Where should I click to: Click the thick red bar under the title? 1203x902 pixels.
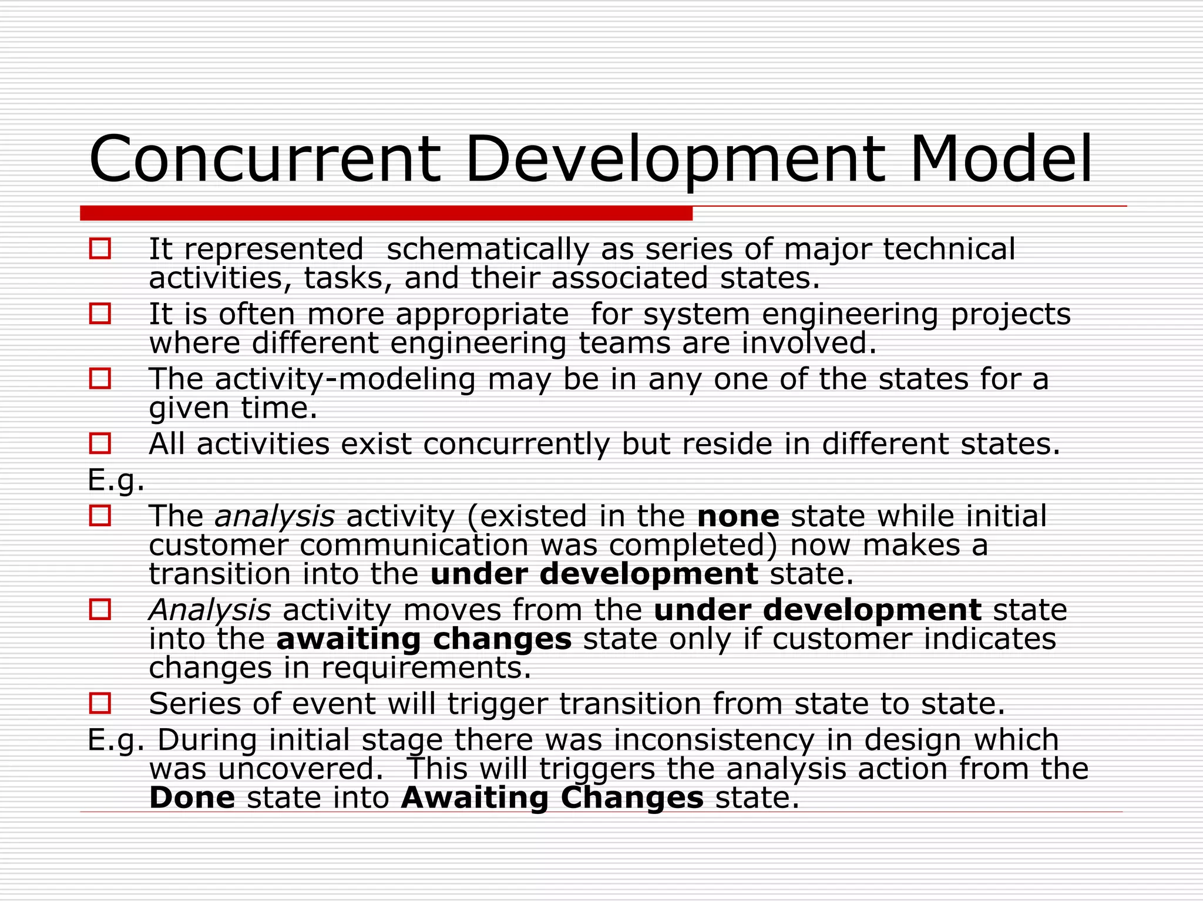coord(386,213)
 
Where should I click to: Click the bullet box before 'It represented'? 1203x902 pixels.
coord(100,248)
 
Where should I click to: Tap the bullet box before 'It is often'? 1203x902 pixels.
coord(100,314)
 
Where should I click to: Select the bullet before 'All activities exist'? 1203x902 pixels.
coord(100,443)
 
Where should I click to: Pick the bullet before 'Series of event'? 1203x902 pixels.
coord(100,703)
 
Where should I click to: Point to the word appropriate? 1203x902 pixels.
coord(482,315)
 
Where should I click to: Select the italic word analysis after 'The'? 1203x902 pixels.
coord(274,516)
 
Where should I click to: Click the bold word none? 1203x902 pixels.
coord(738,516)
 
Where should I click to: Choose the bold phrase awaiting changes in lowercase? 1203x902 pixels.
coord(424,639)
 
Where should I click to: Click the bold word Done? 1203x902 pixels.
coord(192,797)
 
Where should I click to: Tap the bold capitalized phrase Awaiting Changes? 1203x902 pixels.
coord(552,797)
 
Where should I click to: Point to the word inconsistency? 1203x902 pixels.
coord(714,740)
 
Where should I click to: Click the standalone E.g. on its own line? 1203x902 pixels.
coord(116,480)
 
